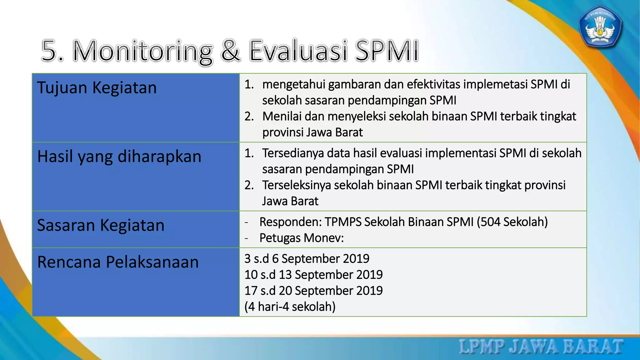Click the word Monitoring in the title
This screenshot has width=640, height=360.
click(x=143, y=51)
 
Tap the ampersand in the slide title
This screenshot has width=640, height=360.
click(x=231, y=51)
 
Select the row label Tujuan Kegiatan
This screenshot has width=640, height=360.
click(x=97, y=88)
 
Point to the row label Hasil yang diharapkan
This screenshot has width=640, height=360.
click(x=119, y=157)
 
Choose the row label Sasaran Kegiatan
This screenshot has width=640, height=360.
click(x=101, y=225)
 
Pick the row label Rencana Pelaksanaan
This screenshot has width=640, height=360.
click(x=118, y=262)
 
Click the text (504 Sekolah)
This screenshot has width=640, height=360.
click(x=512, y=222)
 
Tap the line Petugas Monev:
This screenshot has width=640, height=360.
click(x=301, y=238)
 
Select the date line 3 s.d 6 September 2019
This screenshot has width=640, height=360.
click(x=307, y=259)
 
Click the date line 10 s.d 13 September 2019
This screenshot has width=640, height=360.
click(x=313, y=275)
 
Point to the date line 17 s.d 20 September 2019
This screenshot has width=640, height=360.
click(x=313, y=291)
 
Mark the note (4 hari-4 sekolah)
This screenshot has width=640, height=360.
click(x=290, y=307)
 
